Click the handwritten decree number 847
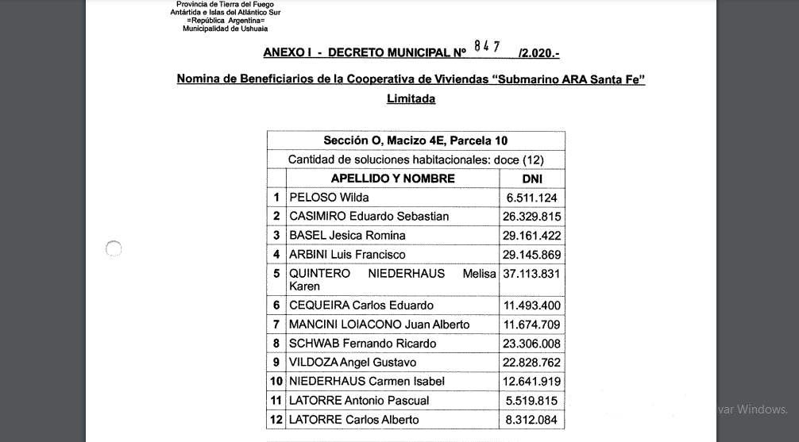pyautogui.click(x=486, y=47)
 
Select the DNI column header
pyautogui.click(x=531, y=179)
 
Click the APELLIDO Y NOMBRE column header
pyautogui.click(x=392, y=179)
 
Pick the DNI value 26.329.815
pyautogui.click(x=531, y=217)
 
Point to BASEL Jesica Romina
pyautogui.click(x=347, y=236)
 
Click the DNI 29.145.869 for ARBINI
pyautogui.click(x=531, y=255)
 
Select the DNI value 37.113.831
pyautogui.click(x=531, y=274)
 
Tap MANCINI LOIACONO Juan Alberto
pyautogui.click(x=379, y=325)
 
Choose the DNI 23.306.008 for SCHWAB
pyautogui.click(x=531, y=344)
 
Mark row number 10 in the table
pyautogui.click(x=276, y=382)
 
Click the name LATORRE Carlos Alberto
pyautogui.click(x=353, y=420)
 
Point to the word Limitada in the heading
pyautogui.click(x=411, y=99)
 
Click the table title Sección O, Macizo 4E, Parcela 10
pyautogui.click(x=415, y=141)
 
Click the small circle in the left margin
pyautogui.click(x=114, y=249)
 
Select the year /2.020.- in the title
pyautogui.click(x=538, y=53)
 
